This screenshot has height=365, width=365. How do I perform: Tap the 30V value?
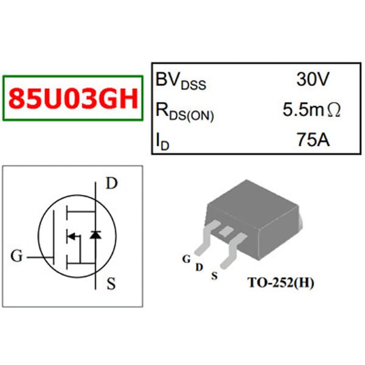pos(313,79)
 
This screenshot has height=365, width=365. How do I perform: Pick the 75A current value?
pos(313,140)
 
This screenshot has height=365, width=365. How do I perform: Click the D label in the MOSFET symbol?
pos(111,183)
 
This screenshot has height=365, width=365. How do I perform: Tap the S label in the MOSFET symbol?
pos(111,283)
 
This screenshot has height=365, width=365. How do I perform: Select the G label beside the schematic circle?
pos(17,256)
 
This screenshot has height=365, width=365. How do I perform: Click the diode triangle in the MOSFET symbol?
pos(95,234)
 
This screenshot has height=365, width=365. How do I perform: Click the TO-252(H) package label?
pos(281,283)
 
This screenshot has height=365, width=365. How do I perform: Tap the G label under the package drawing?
pos(186,259)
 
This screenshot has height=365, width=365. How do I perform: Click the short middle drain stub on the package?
pos(226,231)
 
